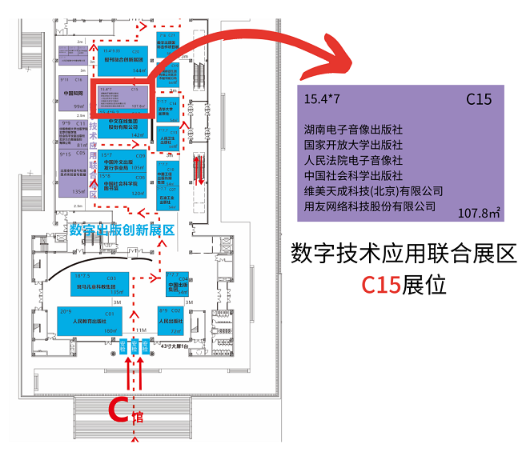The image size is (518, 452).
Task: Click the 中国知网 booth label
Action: (x=74, y=93)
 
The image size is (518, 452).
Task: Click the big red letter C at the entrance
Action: (x=118, y=410)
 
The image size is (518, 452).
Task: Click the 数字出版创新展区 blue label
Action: (x=122, y=230)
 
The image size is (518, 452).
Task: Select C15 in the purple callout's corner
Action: (x=479, y=100)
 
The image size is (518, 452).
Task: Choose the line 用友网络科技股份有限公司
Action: (x=369, y=206)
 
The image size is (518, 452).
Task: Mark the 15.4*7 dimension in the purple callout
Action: (x=322, y=100)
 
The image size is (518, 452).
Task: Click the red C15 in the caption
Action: (x=382, y=285)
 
